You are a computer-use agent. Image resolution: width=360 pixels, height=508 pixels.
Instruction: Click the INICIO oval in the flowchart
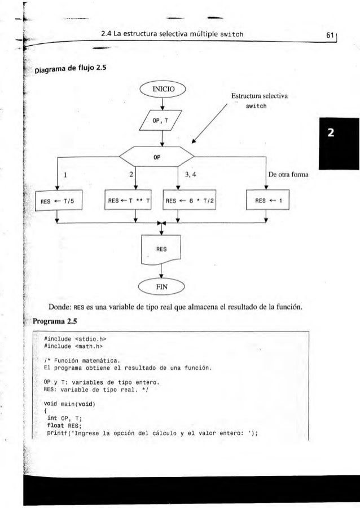tap(162, 89)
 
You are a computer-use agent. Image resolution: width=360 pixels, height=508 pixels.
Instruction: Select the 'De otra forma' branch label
tap(290, 175)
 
